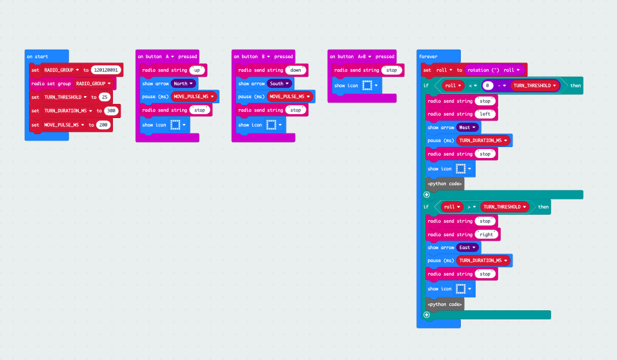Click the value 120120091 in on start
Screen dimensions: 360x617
[106, 70]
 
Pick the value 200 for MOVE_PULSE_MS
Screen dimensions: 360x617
[103, 125]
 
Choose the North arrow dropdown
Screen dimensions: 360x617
[184, 83]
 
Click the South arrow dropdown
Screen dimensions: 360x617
[279, 83]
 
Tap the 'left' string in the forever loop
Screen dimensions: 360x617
[485, 114]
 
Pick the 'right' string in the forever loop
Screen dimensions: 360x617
[487, 235]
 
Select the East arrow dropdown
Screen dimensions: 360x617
[467, 247]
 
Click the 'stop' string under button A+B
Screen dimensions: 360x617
[391, 70]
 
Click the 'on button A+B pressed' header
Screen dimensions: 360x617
[361, 56]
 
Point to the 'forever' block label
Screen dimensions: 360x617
[429, 57]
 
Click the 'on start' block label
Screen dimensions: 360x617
[37, 56]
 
